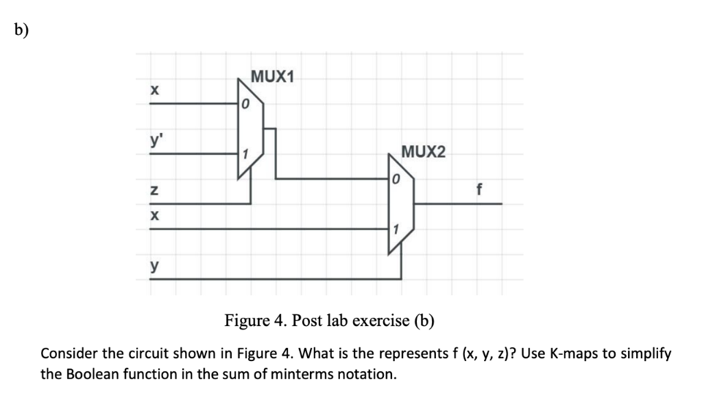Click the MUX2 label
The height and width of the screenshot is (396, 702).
tap(422, 151)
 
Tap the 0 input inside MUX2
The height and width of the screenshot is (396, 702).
tap(396, 180)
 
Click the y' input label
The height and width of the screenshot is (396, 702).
tap(155, 141)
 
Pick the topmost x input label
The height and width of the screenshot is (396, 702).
tap(154, 90)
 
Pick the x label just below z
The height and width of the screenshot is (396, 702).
tap(154, 215)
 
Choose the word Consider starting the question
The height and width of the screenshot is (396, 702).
tap(69, 354)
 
